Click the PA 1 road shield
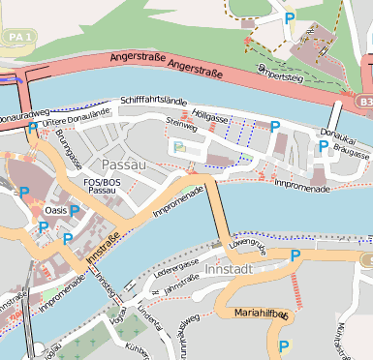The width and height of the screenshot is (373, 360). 16,36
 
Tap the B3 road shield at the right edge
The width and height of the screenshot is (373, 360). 364,101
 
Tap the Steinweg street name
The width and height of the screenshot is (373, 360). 181,123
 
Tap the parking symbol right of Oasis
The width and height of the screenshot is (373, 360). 74,210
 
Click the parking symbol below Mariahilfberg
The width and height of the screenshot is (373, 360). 284,345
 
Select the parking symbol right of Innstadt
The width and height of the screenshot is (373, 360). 295,255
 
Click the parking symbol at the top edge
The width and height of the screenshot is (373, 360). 289,15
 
